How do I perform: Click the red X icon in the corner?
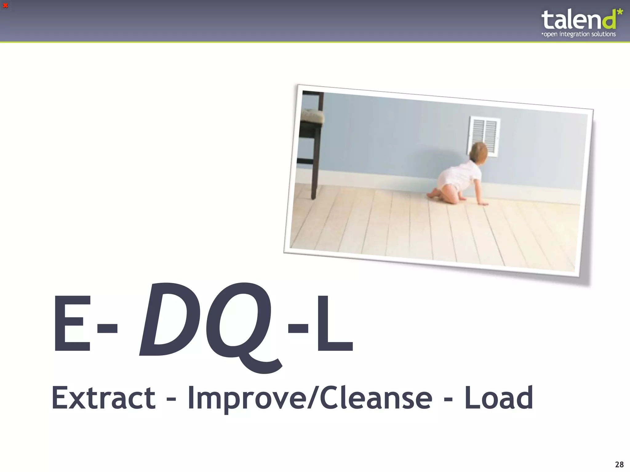coord(5,6)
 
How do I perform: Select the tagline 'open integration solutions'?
coord(579,34)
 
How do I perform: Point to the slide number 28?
coord(619,464)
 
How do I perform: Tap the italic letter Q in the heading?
coord(240,326)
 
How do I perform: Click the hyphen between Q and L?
coord(298,328)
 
